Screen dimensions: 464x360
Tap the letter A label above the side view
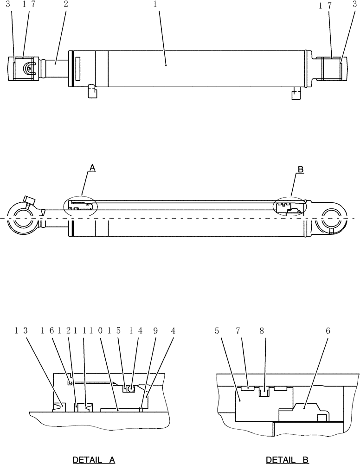pyautogui.click(x=92, y=169)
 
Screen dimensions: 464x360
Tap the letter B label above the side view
pyautogui.click(x=300, y=170)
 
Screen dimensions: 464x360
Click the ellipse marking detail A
pyautogui.click(x=80, y=206)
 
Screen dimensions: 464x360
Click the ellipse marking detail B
pyautogui.click(x=290, y=206)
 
